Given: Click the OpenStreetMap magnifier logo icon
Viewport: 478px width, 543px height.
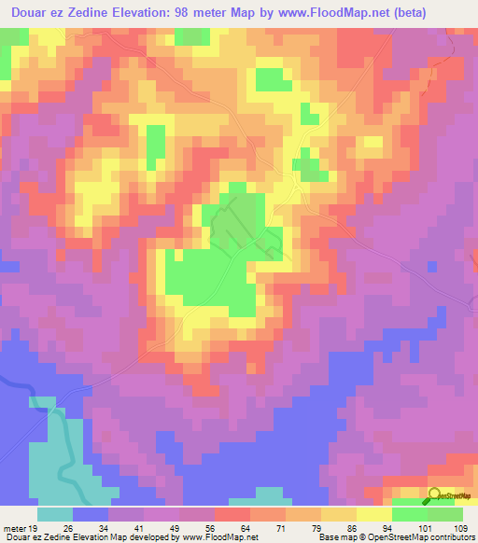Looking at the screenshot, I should tap(436, 494).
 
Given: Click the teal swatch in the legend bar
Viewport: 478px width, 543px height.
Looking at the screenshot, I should tap(55, 513).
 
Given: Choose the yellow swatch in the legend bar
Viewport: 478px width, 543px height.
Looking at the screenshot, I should tap(373, 513).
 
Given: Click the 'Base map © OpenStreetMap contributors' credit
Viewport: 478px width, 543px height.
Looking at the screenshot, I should tap(395, 536).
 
